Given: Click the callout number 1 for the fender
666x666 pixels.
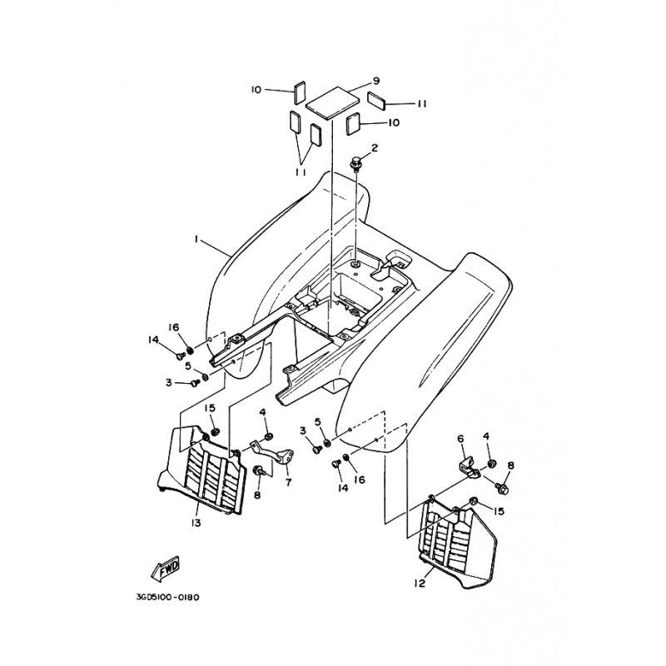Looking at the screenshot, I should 196,240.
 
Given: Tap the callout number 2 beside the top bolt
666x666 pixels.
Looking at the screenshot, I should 375,148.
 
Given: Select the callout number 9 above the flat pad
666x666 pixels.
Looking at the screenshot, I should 376,81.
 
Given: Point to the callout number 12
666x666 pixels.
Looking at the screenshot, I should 420,584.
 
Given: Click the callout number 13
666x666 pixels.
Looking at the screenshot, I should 196,523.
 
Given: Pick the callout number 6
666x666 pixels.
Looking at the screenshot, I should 459,438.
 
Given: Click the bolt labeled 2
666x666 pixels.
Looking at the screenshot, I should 357,164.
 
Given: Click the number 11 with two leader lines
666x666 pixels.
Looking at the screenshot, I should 301,171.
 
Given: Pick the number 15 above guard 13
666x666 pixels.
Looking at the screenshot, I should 211,408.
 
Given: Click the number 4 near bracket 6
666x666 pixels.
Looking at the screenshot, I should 487,435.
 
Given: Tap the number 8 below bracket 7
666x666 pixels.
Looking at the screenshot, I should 256,495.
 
